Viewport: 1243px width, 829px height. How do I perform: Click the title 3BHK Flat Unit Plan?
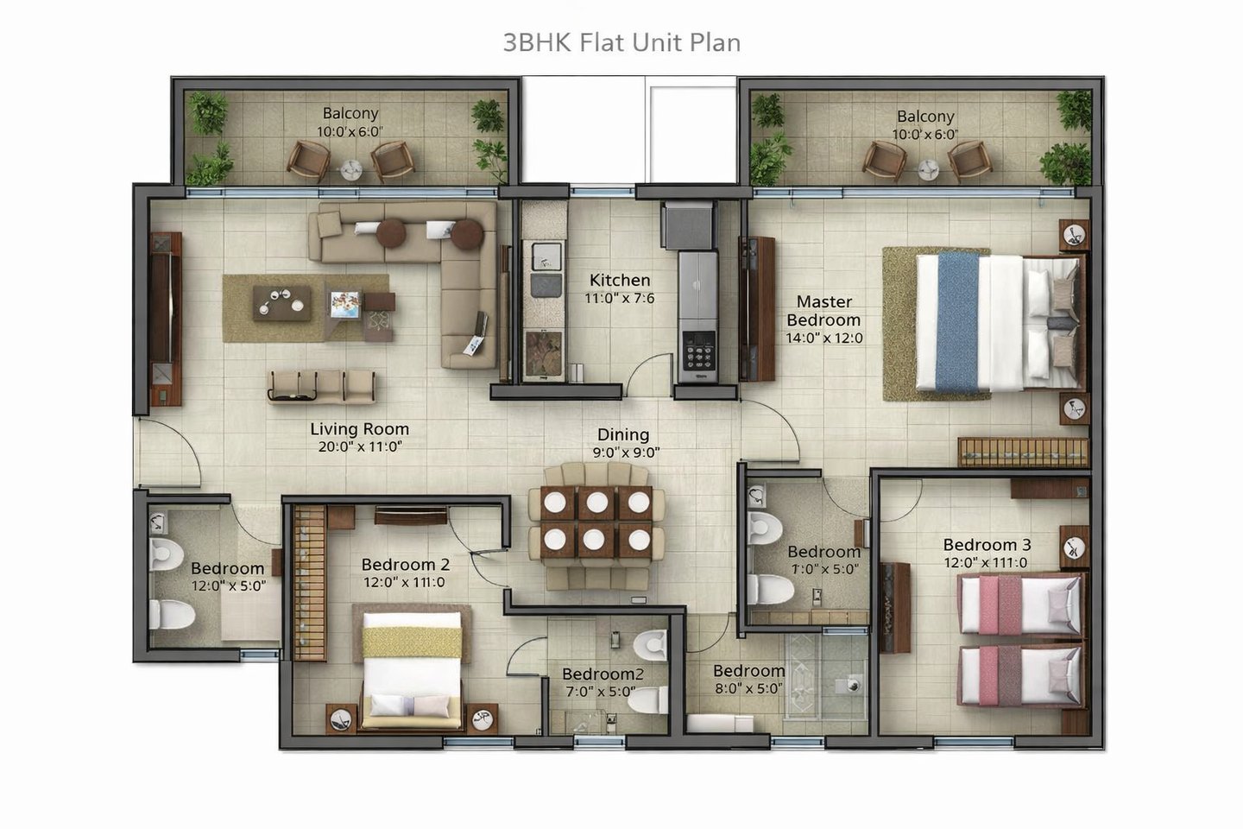point(621,43)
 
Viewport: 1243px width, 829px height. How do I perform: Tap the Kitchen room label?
point(619,280)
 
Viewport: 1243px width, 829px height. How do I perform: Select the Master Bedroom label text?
point(824,310)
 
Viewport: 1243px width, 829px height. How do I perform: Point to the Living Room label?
point(360,428)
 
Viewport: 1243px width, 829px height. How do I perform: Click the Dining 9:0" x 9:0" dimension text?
point(626,452)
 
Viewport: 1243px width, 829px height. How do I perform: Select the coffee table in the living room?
point(282,303)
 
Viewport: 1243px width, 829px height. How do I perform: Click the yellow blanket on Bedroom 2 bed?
point(412,642)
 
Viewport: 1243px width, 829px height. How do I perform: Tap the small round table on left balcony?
point(350,169)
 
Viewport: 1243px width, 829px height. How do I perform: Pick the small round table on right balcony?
point(928,169)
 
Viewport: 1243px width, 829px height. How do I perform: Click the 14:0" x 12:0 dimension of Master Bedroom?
point(824,338)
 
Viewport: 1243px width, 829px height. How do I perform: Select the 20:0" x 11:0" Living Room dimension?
point(360,447)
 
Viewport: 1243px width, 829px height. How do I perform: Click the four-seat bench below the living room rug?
point(321,386)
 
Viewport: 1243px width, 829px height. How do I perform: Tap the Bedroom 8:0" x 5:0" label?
point(748,680)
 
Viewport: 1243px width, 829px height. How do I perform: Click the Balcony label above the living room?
point(350,113)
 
